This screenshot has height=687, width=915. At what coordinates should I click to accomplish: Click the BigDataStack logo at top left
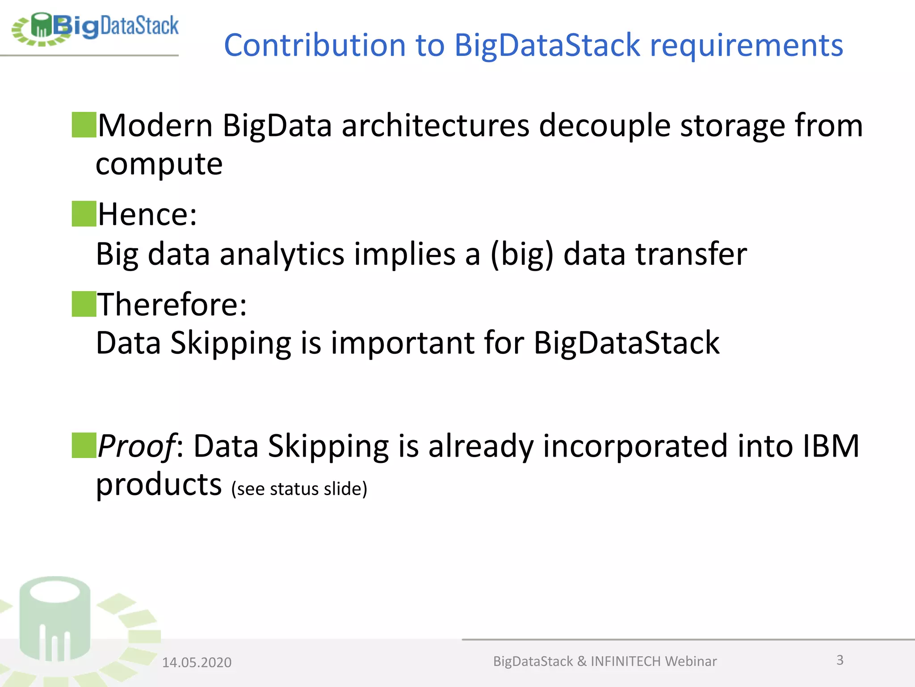[x=95, y=28]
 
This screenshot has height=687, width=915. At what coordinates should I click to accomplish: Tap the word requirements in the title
[x=746, y=46]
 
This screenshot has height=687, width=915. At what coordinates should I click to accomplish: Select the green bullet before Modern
[x=84, y=125]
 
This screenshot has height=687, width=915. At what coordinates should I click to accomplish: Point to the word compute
[x=159, y=164]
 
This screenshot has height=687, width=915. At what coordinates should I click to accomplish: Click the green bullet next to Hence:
[x=84, y=214]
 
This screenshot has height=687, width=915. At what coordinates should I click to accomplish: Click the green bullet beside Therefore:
[x=84, y=304]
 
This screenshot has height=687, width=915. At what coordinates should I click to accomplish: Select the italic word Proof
[x=136, y=446]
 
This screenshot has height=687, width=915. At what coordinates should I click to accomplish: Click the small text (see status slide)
[x=299, y=489]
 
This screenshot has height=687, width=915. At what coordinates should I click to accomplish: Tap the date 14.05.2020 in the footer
[x=197, y=662]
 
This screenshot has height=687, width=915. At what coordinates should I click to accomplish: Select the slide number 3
[x=840, y=660]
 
